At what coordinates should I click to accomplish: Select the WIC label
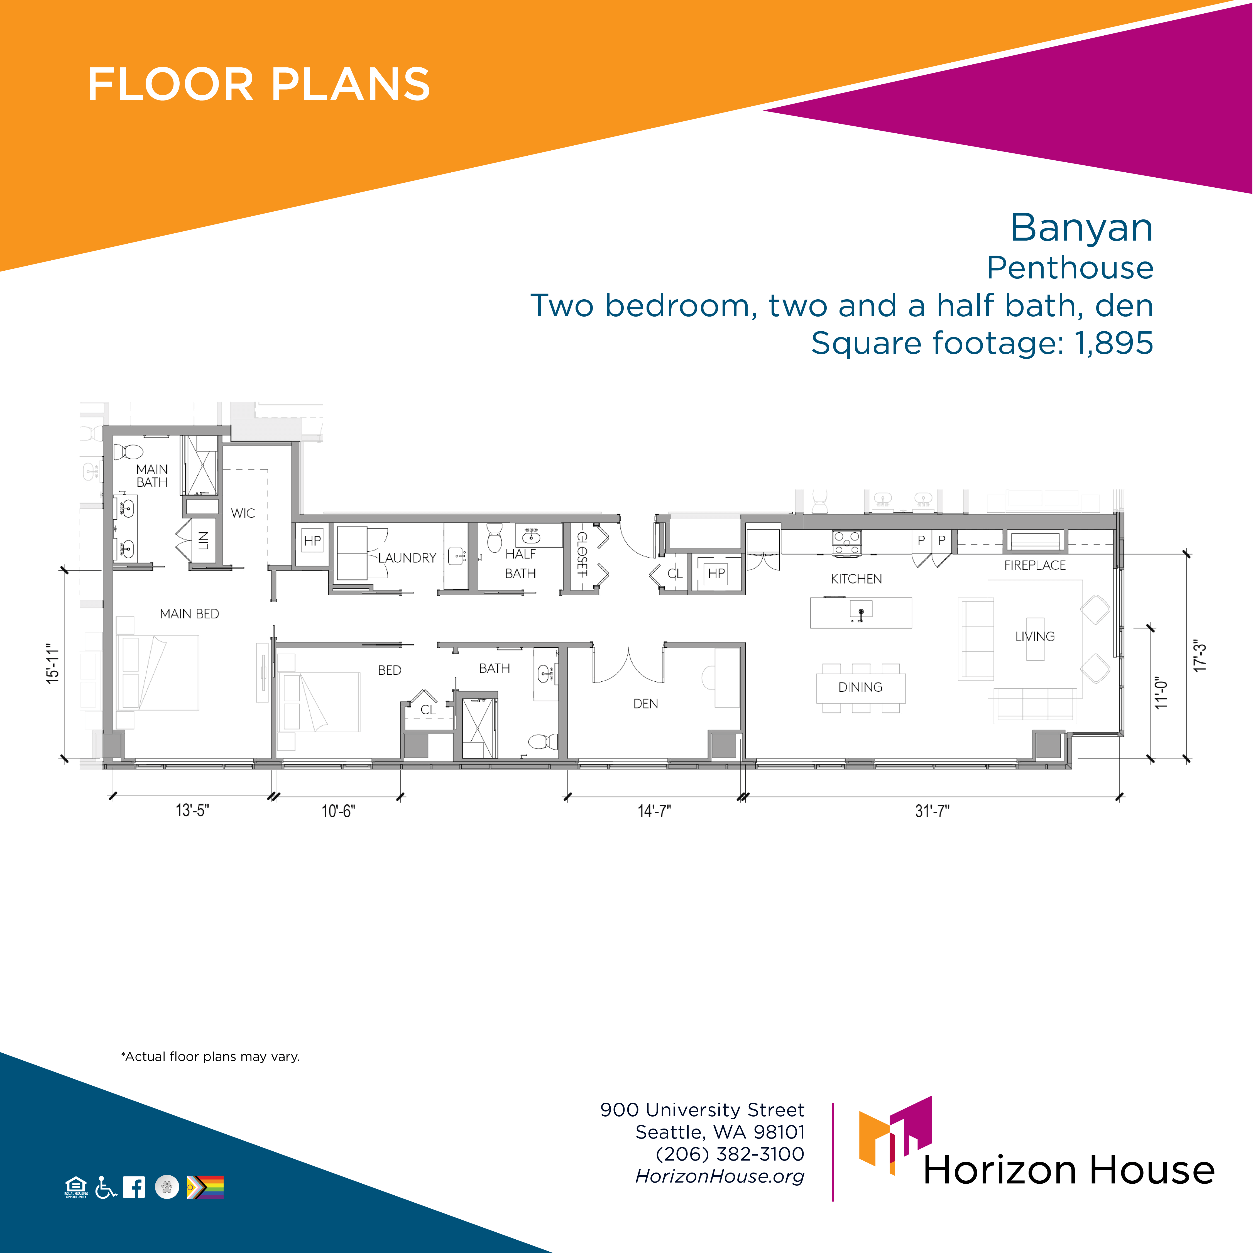(x=243, y=513)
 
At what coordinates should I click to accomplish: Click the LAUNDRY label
(x=407, y=558)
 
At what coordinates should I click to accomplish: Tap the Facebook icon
(x=134, y=1187)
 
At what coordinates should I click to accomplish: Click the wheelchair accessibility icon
(x=106, y=1187)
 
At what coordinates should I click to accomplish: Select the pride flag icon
(x=205, y=1187)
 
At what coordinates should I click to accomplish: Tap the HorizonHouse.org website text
(x=720, y=1176)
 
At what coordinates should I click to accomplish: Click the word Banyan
(x=1082, y=228)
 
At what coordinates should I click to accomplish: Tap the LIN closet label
(x=203, y=540)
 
